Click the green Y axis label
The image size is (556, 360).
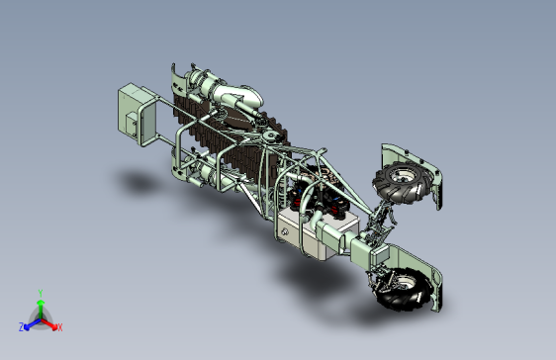(41, 294)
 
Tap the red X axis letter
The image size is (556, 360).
(59, 327)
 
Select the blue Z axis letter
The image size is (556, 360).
(22, 327)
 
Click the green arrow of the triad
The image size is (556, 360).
(41, 309)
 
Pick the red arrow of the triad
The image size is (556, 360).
(48, 324)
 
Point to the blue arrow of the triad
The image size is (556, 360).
(33, 324)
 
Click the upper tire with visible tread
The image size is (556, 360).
(402, 183)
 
